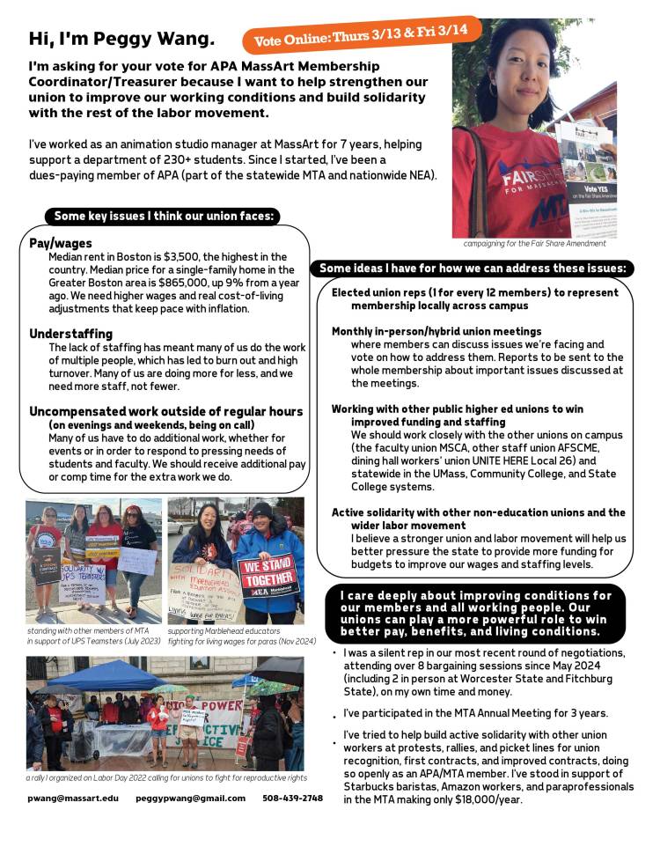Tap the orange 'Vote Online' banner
[x=361, y=34]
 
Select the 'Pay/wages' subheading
[x=61, y=242]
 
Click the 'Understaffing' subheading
[x=71, y=334]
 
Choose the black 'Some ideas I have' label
[x=472, y=268]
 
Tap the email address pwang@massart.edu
[x=72, y=799]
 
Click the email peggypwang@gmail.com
[x=191, y=799]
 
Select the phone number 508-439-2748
[x=292, y=799]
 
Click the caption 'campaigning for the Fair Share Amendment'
[x=535, y=242]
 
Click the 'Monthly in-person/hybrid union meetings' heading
[x=436, y=331]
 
